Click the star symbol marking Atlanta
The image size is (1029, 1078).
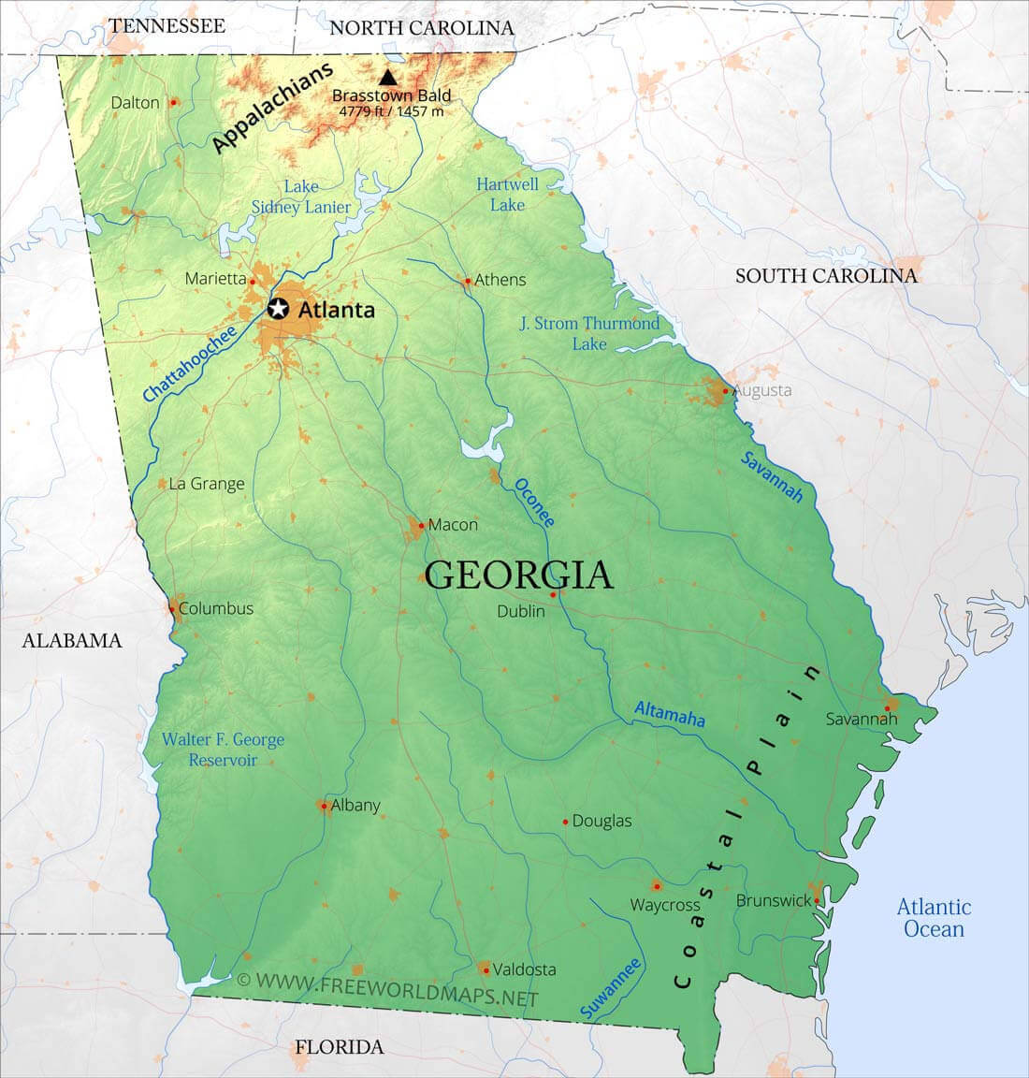click(278, 309)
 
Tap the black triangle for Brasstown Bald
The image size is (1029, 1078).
click(388, 78)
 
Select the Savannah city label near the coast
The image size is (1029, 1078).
click(861, 719)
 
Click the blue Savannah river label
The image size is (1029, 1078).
click(772, 476)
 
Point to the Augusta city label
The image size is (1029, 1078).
click(762, 390)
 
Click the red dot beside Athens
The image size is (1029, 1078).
click(468, 280)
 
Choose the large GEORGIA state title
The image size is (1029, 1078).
click(519, 575)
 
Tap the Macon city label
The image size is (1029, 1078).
click(453, 525)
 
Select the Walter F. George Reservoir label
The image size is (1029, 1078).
click(223, 750)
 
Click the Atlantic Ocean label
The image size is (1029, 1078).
click(934, 918)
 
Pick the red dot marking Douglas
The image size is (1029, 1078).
click(566, 822)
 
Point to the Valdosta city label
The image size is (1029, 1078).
click(524, 969)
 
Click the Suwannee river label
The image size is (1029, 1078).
click(611, 988)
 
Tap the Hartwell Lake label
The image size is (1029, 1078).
click(507, 194)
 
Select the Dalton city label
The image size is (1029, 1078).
click(136, 102)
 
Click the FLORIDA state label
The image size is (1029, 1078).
click(340, 1047)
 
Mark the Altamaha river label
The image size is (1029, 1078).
click(669, 714)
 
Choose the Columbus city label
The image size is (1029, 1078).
click(215, 608)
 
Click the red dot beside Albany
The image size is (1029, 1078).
click(324, 806)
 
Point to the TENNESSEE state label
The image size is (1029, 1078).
click(167, 25)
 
